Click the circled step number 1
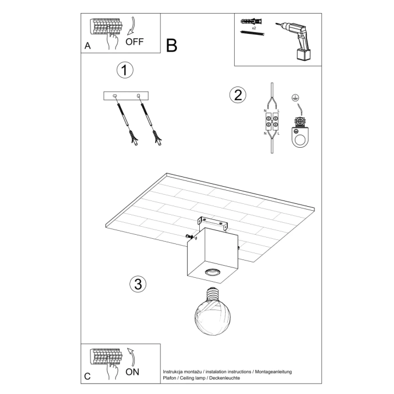(124, 70)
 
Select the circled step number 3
(137, 283)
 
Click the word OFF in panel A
(135, 42)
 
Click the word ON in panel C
(132, 371)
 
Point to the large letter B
(172, 45)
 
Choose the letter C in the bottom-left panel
(88, 376)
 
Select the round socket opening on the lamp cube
(213, 272)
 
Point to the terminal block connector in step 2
(271, 121)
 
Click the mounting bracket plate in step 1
(127, 96)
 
